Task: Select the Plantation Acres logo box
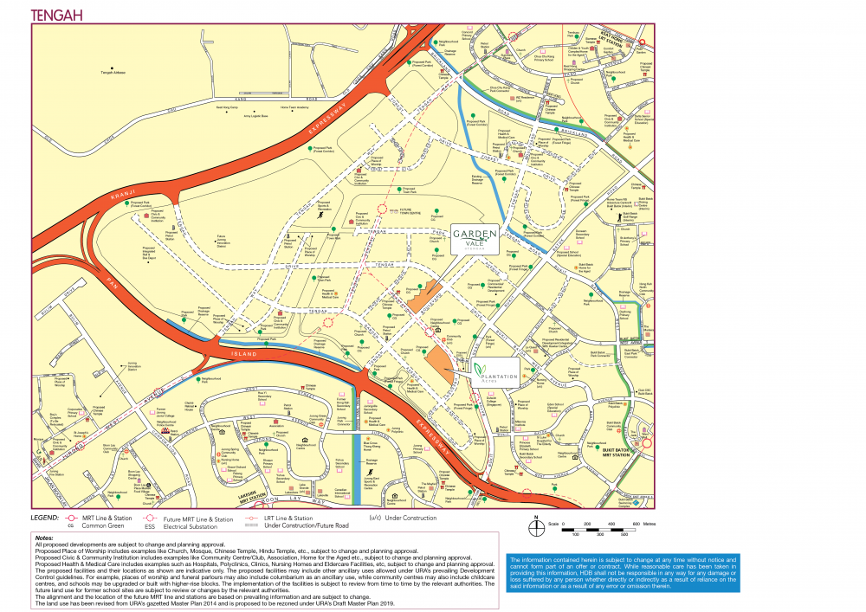click(497, 371)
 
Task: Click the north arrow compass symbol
click(537, 519)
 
